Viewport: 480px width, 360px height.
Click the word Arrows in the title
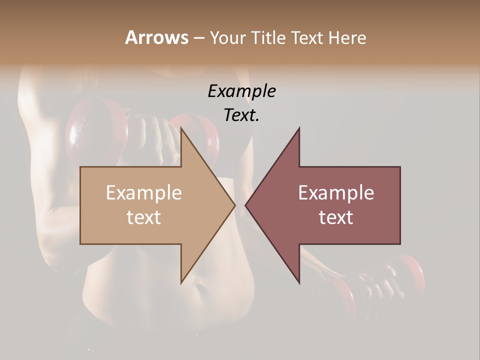click(156, 37)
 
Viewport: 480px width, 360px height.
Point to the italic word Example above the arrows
click(241, 91)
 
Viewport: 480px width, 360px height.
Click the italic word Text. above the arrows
click(241, 115)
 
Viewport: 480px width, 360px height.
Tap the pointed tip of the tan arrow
click(234, 204)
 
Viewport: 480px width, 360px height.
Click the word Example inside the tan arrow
click(144, 193)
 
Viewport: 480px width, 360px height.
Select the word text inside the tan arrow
click(144, 217)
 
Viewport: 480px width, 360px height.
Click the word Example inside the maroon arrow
click(336, 193)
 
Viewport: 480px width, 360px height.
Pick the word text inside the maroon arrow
click(336, 217)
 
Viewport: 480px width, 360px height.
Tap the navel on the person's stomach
click(200, 289)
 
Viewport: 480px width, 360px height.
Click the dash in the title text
click(198, 38)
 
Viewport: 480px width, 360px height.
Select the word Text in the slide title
click(307, 37)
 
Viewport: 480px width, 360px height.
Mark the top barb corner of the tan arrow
click(181, 128)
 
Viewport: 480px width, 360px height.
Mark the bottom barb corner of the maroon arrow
click(299, 283)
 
